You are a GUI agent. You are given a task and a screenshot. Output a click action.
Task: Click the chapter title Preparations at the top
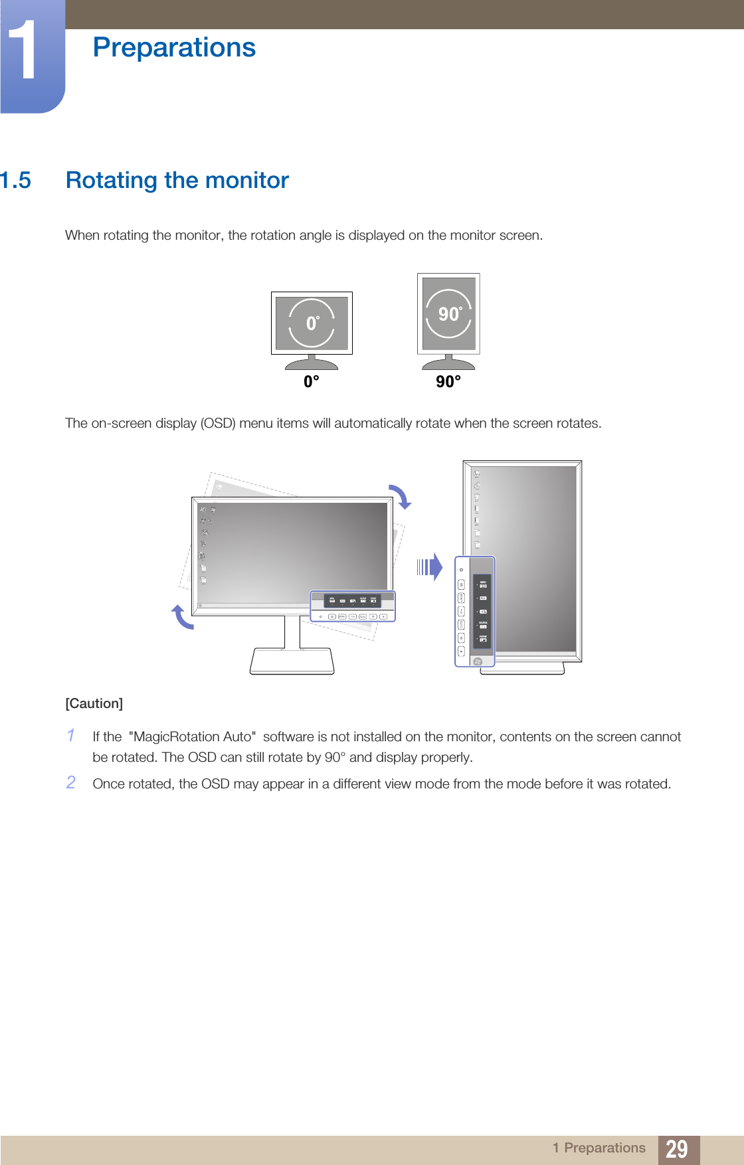(174, 48)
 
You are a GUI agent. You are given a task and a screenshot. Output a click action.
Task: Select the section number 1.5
(15, 181)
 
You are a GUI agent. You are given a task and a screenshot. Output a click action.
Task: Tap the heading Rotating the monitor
(177, 181)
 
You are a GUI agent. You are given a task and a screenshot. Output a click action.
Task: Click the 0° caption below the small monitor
(312, 382)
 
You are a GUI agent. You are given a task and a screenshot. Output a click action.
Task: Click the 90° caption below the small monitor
(448, 382)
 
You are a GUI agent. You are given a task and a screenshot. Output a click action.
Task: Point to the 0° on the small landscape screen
(312, 323)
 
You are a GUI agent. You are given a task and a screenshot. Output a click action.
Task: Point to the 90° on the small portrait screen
(450, 314)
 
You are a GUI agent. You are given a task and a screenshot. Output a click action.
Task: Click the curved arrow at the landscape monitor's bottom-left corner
(182, 617)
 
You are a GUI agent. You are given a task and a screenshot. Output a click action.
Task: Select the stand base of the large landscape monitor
(292, 661)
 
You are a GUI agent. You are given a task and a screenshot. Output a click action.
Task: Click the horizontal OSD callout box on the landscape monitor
(353, 606)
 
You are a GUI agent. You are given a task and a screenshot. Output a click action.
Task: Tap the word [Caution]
(94, 703)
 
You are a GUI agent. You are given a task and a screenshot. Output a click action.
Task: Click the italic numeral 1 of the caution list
(70, 735)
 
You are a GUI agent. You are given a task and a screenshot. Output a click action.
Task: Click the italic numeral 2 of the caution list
(70, 782)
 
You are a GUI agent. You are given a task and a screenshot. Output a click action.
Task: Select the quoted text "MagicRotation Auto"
(193, 737)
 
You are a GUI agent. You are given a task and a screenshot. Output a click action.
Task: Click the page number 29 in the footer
(677, 1148)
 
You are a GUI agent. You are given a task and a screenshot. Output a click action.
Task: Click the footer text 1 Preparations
(599, 1148)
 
